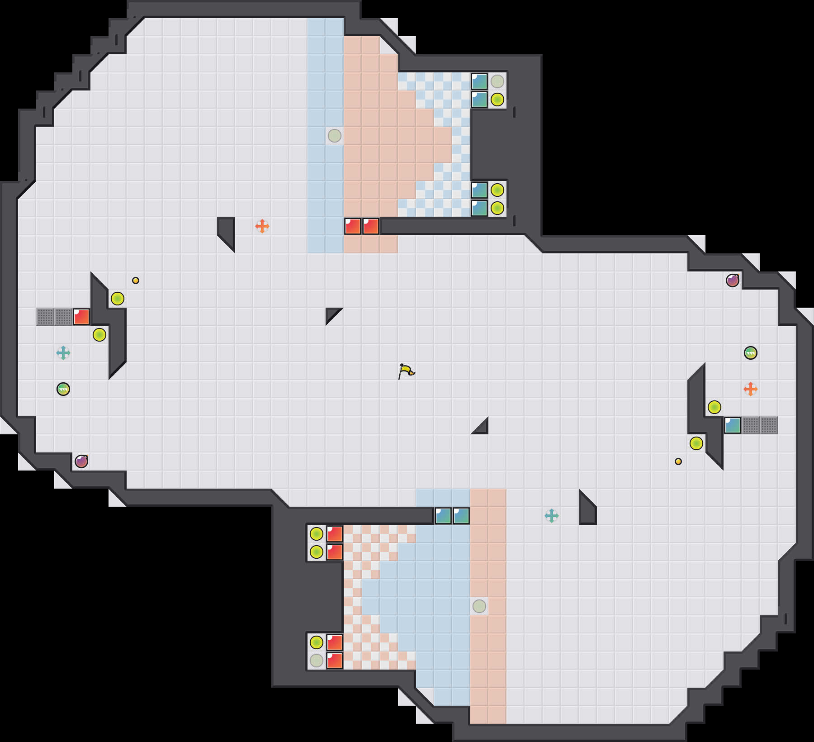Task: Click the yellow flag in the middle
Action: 406,371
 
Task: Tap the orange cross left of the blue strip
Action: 262,226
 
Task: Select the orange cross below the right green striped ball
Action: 751,389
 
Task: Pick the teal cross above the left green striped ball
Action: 63,352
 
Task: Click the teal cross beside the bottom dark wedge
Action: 552,515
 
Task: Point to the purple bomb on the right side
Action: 733,281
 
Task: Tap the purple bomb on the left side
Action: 81,461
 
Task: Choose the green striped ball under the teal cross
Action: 63,389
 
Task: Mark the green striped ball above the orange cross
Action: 751,353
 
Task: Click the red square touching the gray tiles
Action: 81,317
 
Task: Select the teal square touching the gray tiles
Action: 733,425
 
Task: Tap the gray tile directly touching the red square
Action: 63,317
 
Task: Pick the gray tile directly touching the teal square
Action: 751,425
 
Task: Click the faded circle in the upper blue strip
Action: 335,135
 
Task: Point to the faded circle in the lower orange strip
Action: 479,606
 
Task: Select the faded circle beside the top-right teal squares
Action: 497,81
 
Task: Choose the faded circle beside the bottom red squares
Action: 317,661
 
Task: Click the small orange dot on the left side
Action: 136,281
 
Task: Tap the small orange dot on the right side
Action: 678,461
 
